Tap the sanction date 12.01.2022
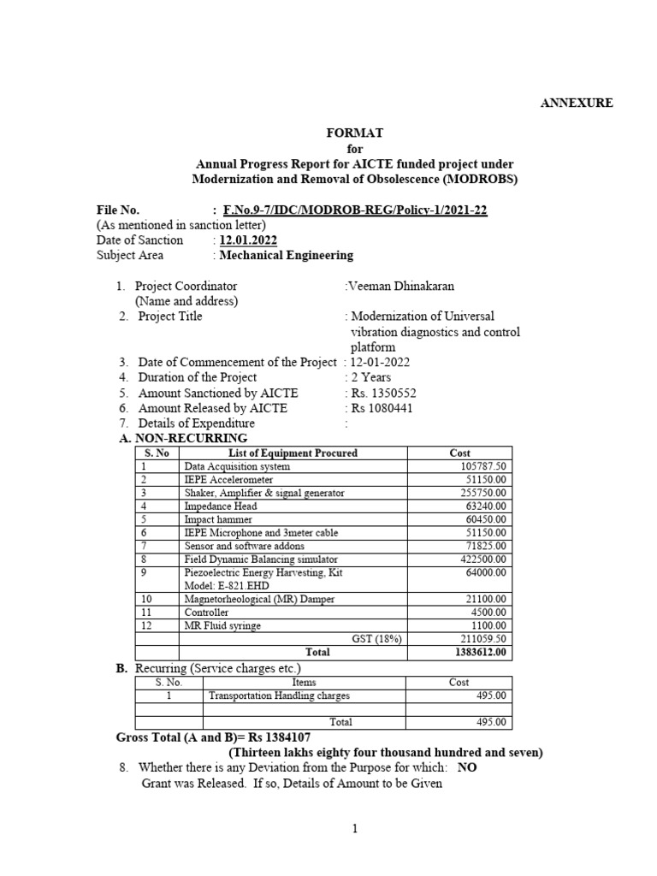(248, 240)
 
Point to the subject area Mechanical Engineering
(286, 255)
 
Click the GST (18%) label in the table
(376, 638)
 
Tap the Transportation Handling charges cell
(279, 695)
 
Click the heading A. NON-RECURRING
(182, 438)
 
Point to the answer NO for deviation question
(467, 767)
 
